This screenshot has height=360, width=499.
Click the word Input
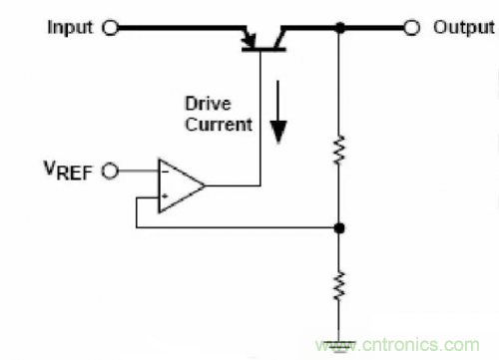tap(70, 28)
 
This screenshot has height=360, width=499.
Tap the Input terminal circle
tap(110, 28)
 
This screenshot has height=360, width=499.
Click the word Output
tap(463, 28)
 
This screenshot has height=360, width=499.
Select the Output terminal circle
tap(412, 28)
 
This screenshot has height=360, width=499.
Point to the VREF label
tap(68, 171)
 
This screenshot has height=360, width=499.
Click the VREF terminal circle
tap(110, 172)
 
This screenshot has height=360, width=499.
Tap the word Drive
tap(208, 104)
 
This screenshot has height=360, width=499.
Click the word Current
tap(219, 125)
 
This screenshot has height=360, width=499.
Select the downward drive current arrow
tap(278, 112)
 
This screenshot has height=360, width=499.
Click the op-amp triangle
tap(181, 185)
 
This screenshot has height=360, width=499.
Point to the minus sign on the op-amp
tap(165, 172)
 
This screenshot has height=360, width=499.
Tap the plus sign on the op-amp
tap(165, 196)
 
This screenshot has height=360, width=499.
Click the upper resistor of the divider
tap(339, 150)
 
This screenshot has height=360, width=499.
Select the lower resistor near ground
tap(339, 286)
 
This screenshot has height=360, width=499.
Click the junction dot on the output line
tap(339, 28)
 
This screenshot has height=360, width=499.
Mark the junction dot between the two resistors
tap(339, 228)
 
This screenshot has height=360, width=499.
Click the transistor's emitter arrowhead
tap(249, 40)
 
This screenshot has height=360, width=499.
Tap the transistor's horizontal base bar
tap(263, 50)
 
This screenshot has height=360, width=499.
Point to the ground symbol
tap(339, 346)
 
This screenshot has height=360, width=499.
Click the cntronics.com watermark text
tap(397, 345)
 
